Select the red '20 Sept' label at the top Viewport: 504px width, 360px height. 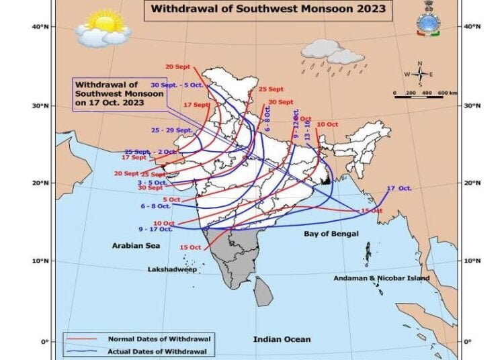(x=178, y=66)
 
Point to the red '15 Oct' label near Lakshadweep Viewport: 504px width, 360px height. (x=190, y=248)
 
